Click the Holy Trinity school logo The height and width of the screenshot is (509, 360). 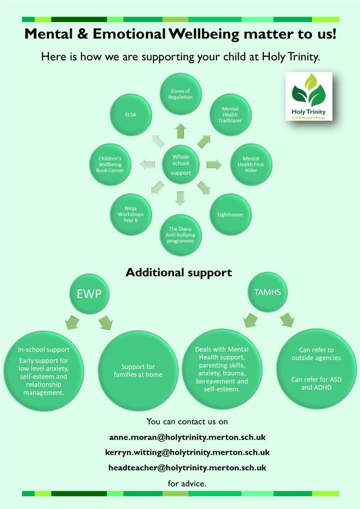coord(309,96)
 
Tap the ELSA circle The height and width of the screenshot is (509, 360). coord(131,115)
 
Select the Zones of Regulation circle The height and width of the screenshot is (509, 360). coord(180,94)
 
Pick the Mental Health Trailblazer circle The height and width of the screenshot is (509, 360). coord(231,115)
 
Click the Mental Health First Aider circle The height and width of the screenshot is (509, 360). coord(251,165)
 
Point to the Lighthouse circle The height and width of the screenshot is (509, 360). coord(231,215)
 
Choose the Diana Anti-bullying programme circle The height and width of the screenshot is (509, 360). coord(180,235)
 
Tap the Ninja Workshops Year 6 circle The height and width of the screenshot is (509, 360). coord(131,215)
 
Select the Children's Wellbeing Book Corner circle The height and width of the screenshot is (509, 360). coord(110,165)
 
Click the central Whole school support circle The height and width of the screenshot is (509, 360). coord(180,165)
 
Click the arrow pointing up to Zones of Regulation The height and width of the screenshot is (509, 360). coord(180,131)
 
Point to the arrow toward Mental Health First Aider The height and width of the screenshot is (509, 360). coord(214,165)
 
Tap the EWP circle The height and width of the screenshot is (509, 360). coord(89,294)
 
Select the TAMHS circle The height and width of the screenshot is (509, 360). coord(267,292)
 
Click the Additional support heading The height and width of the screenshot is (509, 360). coord(179,272)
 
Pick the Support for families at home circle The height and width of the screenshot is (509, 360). coord(138,371)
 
